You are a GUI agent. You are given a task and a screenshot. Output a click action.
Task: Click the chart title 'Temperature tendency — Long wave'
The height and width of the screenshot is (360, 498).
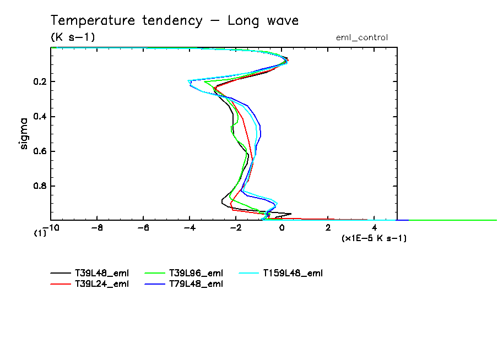[x=175, y=21]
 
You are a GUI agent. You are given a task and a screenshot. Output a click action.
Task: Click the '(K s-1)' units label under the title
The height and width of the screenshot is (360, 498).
[x=73, y=37]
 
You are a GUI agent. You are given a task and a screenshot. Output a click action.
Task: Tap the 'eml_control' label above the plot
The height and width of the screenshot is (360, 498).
[x=361, y=37]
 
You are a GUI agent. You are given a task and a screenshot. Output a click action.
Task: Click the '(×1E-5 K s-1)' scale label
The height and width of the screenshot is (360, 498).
[x=374, y=238]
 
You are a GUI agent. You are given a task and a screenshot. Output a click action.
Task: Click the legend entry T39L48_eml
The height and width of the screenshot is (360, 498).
[x=102, y=273]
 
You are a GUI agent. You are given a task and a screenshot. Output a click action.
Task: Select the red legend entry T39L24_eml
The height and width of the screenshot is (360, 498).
[x=102, y=283]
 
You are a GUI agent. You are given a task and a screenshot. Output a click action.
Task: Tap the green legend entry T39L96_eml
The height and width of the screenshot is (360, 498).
[x=196, y=273]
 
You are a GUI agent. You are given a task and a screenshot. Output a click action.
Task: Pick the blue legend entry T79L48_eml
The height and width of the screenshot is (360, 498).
[x=196, y=283]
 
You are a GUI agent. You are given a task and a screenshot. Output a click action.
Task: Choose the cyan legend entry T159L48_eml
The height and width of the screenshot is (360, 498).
[x=292, y=273]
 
